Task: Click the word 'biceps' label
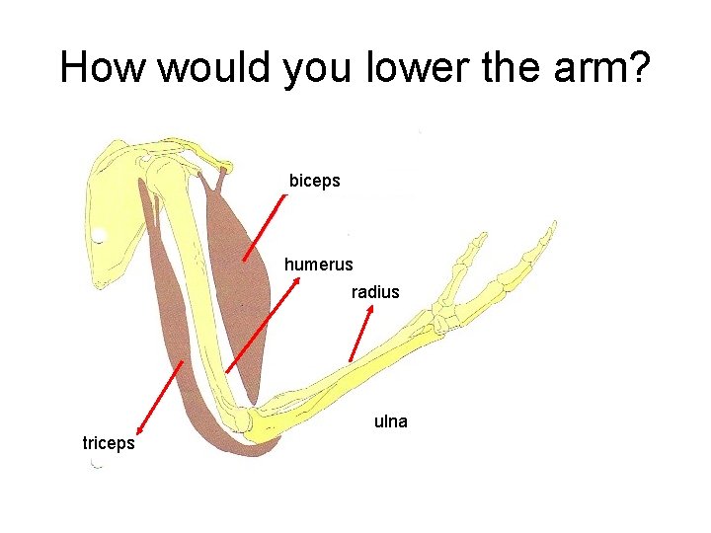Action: point(314,181)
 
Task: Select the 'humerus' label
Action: point(318,265)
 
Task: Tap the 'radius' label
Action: point(375,292)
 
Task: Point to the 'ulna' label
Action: point(391,421)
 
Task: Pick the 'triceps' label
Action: point(109,443)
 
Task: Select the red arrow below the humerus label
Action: point(263,326)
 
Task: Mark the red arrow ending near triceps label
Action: point(159,397)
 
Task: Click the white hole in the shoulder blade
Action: point(99,235)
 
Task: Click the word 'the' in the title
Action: point(514,67)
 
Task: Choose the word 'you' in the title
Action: point(314,67)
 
